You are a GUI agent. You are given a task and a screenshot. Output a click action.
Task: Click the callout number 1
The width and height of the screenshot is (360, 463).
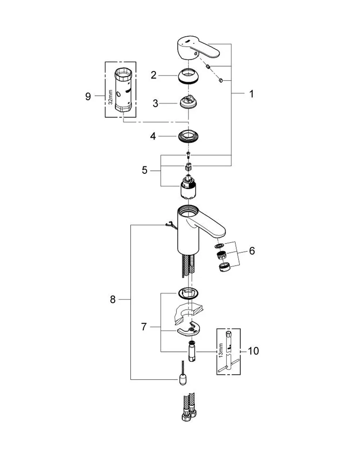click(x=252, y=94)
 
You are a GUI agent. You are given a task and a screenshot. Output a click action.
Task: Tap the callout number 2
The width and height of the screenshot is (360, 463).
click(x=153, y=75)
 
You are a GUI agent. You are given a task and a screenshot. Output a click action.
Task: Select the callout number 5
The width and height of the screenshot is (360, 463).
click(x=144, y=170)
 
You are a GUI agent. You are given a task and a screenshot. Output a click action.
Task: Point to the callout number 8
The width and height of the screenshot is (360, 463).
click(x=113, y=299)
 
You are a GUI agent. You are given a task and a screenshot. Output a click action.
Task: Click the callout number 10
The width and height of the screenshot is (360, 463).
click(x=253, y=351)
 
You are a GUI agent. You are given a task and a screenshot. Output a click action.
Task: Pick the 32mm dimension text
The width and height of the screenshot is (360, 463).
click(x=111, y=97)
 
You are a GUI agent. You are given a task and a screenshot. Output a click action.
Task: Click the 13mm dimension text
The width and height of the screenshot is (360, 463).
click(x=221, y=350)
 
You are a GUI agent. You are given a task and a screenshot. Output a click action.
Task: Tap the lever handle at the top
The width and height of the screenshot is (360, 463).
click(x=197, y=49)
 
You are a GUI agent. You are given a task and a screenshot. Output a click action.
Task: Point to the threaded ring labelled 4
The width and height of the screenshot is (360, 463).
click(x=188, y=136)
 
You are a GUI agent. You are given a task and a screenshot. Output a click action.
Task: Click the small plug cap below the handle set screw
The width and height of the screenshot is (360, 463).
click(x=221, y=80)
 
